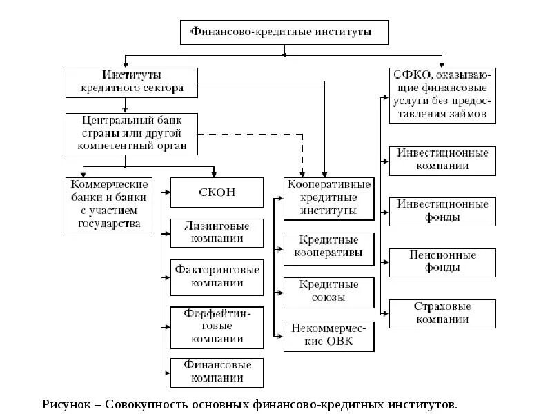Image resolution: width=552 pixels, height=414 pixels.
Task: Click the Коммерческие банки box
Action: click(x=110, y=204)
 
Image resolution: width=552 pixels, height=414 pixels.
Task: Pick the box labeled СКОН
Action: click(x=217, y=193)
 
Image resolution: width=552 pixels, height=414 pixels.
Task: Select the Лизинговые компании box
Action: click(x=217, y=233)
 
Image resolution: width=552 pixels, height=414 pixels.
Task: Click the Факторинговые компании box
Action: click(x=217, y=276)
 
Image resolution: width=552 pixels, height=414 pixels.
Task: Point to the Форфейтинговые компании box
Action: click(x=217, y=326)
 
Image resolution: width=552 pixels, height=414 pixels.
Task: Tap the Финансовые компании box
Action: click(x=217, y=371)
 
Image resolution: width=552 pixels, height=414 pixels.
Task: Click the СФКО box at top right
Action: click(x=442, y=94)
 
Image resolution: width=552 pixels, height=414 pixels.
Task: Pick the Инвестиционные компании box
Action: click(x=442, y=159)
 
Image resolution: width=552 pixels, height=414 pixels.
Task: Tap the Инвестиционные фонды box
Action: click(x=442, y=210)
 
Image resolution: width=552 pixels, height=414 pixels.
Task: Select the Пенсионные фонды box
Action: click(x=442, y=262)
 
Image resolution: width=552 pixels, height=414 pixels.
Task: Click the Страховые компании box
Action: click(x=442, y=313)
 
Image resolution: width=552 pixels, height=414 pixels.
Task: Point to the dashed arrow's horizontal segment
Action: click(x=248, y=134)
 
